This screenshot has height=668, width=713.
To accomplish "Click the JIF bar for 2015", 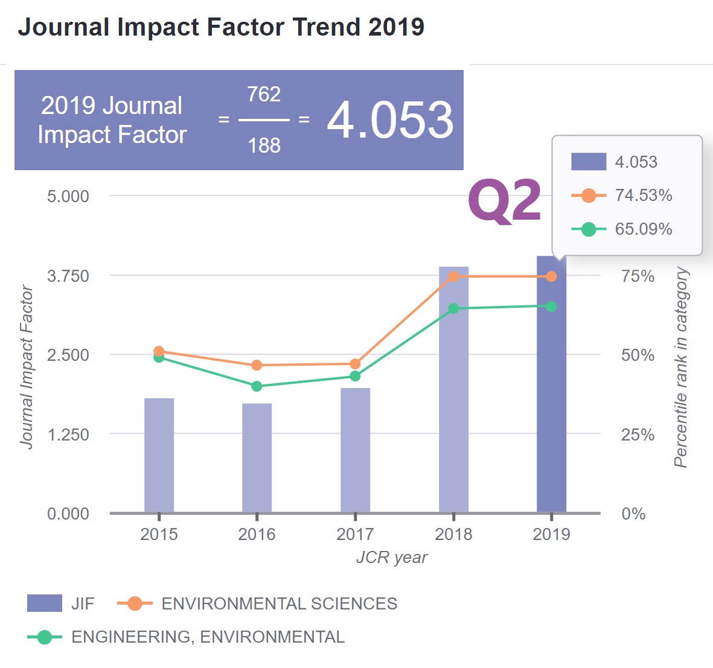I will [159, 455].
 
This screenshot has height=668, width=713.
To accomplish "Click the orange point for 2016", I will [257, 365].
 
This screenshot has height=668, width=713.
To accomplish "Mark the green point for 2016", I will [257, 386].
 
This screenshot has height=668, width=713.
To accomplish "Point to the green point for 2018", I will [453, 308].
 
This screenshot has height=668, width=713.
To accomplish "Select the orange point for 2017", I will [355, 364].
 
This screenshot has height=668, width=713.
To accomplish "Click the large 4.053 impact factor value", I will [390, 119].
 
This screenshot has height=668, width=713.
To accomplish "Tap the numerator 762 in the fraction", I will [264, 94].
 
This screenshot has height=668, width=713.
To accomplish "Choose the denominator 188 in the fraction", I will [264, 145].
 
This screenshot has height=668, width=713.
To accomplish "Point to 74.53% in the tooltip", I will [644, 196].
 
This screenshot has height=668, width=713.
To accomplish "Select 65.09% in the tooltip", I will [644, 229].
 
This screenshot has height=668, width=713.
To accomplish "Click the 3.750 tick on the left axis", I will [68, 276].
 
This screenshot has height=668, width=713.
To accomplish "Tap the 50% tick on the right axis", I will [638, 355].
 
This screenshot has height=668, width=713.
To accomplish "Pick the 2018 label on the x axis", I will [453, 534].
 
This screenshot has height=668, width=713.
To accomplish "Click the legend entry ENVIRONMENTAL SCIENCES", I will [279, 603].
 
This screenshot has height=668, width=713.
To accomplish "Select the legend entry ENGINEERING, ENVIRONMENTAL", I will [208, 637].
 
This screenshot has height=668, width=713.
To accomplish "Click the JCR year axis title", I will [391, 557].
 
